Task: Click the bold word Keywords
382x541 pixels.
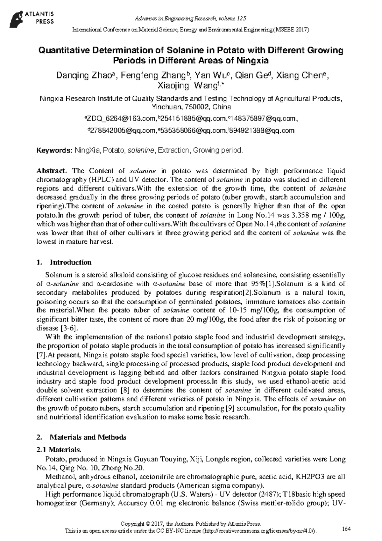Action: coord(54,150)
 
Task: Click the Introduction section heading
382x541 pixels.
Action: coord(70,262)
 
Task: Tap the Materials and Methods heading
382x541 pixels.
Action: coord(88,437)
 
